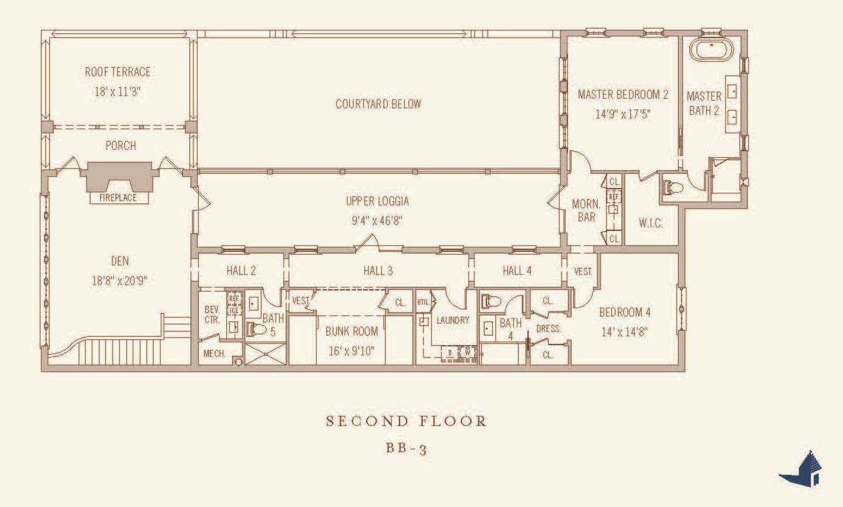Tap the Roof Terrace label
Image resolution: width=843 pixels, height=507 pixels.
[x=118, y=72]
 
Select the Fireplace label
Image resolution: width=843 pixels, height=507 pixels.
[x=118, y=198]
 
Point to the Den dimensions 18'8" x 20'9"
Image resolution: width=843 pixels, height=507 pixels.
[x=119, y=281]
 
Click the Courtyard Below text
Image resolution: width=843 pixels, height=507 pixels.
[x=378, y=104]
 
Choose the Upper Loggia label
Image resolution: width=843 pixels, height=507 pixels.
[x=377, y=201]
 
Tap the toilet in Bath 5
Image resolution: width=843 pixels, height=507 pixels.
[x=256, y=329]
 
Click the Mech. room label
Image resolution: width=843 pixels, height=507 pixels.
[x=214, y=353]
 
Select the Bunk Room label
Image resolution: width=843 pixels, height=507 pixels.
[x=351, y=331]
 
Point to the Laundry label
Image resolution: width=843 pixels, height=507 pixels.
[x=452, y=320]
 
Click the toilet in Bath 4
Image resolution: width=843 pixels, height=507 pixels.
[x=490, y=302]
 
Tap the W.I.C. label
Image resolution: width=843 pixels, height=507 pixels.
[x=651, y=223]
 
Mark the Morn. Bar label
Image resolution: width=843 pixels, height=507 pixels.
[x=586, y=211]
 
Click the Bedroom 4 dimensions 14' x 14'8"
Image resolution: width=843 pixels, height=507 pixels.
[x=625, y=332]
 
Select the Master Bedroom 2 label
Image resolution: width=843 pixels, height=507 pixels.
[x=623, y=95]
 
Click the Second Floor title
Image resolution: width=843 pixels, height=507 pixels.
[x=406, y=421]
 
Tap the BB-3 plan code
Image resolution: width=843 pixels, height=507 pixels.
[x=406, y=448]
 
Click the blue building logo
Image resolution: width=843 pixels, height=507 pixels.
[x=802, y=470]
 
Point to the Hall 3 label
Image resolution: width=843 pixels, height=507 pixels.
[x=378, y=271]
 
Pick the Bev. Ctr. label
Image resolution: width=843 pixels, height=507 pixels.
[x=212, y=314]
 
